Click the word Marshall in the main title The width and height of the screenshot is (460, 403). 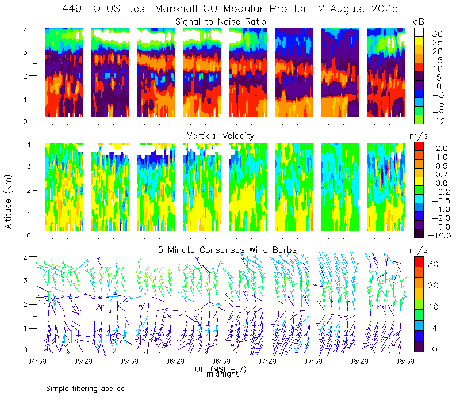pos(177,9)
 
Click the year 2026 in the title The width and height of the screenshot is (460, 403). pos(385,9)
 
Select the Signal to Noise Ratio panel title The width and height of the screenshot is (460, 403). pos(221,22)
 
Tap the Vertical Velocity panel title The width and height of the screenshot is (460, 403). pos(221,136)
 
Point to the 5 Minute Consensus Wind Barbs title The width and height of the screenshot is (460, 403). pos(227,250)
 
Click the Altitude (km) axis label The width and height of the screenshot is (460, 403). pos(8,202)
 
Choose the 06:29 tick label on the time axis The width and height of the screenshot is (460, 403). pos(175,361)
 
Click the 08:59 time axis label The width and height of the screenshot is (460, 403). pos(405,361)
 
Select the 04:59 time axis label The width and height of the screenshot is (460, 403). pos(37,361)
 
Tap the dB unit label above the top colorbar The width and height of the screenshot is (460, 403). pos(419,22)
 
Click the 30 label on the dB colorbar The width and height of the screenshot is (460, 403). pos(437,34)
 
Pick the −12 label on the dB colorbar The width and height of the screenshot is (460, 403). pos(437,121)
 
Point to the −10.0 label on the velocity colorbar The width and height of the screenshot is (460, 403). pos(439,235)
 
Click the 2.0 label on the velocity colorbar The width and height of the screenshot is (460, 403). pos(442,149)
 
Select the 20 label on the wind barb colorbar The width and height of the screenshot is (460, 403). pos(434,285)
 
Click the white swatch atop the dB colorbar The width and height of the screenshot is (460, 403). pos(419,32)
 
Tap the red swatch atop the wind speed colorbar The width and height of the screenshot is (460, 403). pos(419,262)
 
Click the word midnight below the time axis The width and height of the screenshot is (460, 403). pos(223,374)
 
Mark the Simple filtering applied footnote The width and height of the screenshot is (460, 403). pos(85,389)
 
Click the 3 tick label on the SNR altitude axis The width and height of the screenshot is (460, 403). pos(25,52)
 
